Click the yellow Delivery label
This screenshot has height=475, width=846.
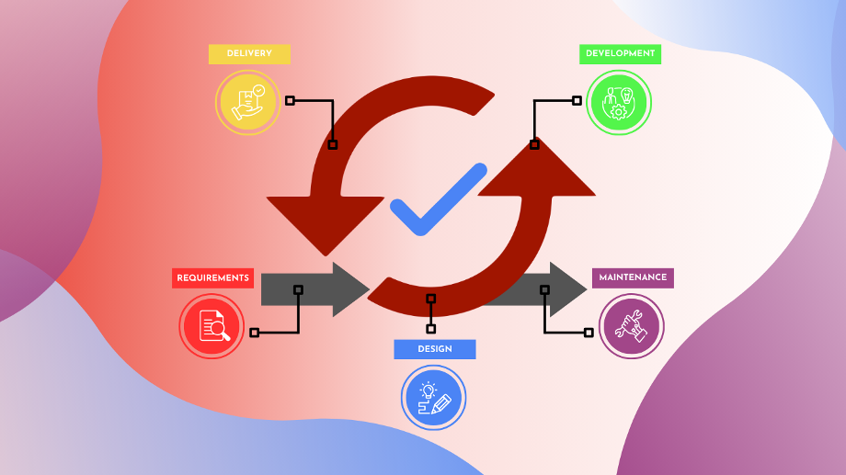click(x=249, y=54)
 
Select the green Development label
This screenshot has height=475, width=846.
click(x=620, y=54)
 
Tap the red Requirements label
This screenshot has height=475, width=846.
click(x=212, y=278)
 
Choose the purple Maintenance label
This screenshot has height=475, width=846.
click(x=633, y=277)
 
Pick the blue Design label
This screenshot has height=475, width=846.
click(x=435, y=349)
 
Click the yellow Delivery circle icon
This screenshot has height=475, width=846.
click(x=247, y=102)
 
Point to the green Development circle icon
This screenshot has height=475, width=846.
click(x=619, y=102)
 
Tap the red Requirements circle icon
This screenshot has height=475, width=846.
click(x=211, y=326)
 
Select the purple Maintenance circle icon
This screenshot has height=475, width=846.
click(x=631, y=326)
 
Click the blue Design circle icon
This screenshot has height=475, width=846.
click(x=434, y=398)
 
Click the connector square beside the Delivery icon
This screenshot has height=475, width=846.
click(x=290, y=100)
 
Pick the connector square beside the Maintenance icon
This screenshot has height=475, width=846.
click(x=589, y=332)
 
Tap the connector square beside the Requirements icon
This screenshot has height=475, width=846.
click(x=254, y=332)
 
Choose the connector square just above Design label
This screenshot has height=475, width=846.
click(x=430, y=328)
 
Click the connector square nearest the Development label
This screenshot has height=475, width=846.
click(x=577, y=100)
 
